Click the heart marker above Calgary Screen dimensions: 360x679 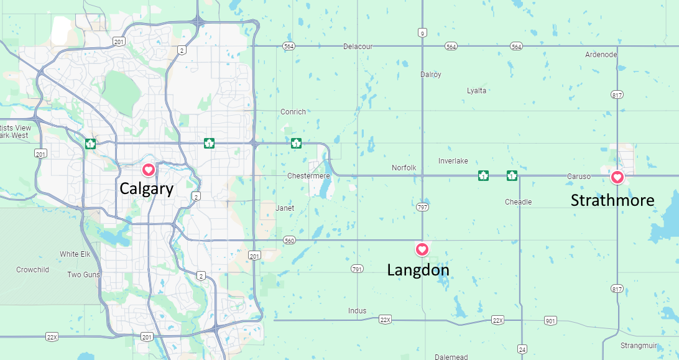[x=149, y=169]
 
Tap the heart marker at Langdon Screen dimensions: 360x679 [x=422, y=249]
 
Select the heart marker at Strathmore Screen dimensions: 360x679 [x=617, y=177]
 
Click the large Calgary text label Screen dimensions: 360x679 [x=147, y=189]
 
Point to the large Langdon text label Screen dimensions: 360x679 [x=418, y=270]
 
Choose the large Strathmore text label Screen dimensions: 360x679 [x=612, y=200]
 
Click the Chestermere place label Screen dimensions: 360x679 [x=308, y=176]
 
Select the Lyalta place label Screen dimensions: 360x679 [x=477, y=91]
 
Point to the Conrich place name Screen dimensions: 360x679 [x=293, y=112]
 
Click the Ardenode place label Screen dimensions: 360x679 [x=601, y=55]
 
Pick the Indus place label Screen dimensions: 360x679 [x=358, y=311]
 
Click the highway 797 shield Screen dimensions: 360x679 [x=423, y=206]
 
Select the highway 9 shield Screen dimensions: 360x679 [x=423, y=34]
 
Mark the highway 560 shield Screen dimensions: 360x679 [x=289, y=241]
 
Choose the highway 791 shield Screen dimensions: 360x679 [x=357, y=269]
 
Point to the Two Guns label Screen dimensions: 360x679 [x=83, y=275]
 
